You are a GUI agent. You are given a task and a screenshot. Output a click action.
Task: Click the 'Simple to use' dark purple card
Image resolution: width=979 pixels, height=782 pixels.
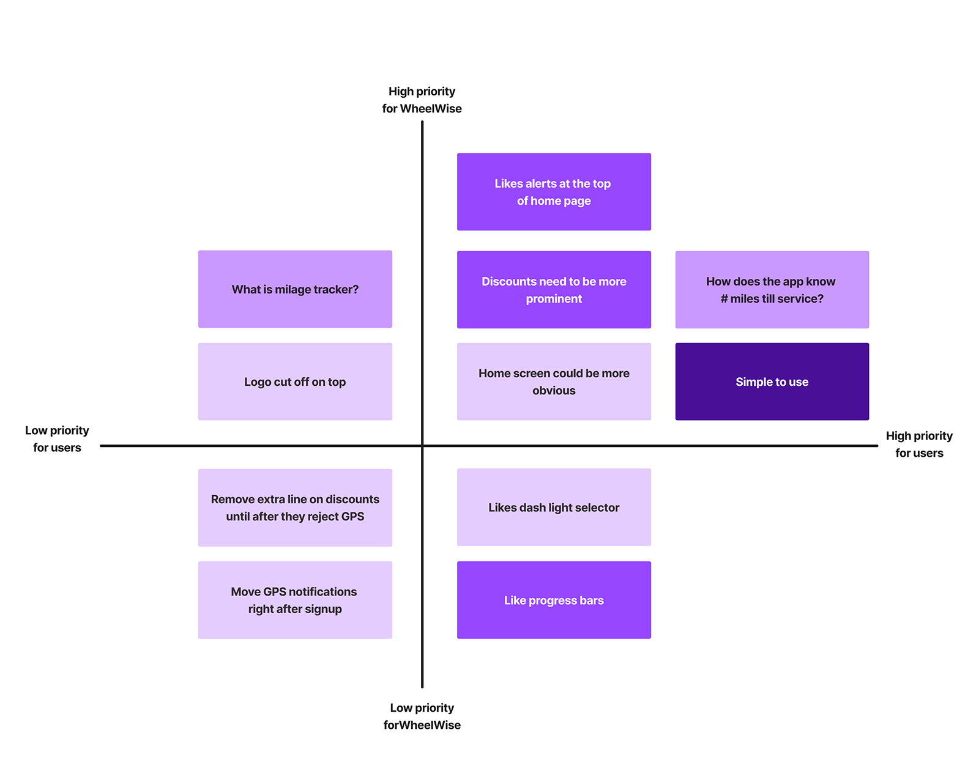772,382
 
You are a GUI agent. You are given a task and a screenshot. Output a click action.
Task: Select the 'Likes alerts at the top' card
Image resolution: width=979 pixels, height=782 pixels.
554,192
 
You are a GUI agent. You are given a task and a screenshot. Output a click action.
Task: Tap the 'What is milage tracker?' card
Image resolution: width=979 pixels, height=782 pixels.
295,289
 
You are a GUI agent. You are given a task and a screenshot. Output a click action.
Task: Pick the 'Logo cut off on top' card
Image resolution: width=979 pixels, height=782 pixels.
295,382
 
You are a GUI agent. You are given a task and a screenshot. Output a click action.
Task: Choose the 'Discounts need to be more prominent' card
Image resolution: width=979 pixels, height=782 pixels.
554,290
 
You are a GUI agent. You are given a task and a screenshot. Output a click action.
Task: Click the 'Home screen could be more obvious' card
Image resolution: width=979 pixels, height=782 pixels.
554,382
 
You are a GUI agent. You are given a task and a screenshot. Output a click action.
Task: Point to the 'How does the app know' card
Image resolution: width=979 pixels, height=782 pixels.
772,290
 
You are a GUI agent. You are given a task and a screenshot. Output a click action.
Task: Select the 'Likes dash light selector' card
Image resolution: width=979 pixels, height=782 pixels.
554,507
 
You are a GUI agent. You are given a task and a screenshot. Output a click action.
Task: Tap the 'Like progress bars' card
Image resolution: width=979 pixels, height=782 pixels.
554,600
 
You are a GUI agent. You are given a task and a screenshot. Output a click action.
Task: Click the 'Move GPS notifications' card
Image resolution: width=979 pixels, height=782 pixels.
295,600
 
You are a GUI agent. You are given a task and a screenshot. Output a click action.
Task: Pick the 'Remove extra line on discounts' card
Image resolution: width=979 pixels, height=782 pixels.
295,507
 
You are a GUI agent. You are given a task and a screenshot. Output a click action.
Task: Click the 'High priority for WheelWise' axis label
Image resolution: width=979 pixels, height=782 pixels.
422,100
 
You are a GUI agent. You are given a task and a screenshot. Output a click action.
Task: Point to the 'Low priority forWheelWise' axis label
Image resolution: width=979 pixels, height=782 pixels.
422,716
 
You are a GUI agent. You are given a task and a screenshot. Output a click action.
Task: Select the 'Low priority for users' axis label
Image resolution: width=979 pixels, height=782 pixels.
57,439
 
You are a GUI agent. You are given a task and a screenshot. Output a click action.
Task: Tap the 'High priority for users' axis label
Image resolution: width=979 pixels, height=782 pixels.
919,444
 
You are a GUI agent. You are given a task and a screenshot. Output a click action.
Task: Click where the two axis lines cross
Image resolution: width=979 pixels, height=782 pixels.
422,446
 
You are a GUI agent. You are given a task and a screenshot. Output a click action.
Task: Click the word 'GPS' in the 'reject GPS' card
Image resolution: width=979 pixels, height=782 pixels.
352,517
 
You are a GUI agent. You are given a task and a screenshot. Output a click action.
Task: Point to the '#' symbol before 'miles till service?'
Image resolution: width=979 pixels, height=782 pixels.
724,299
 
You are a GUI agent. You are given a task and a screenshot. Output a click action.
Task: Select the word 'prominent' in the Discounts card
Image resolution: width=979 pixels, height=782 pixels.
554,299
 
